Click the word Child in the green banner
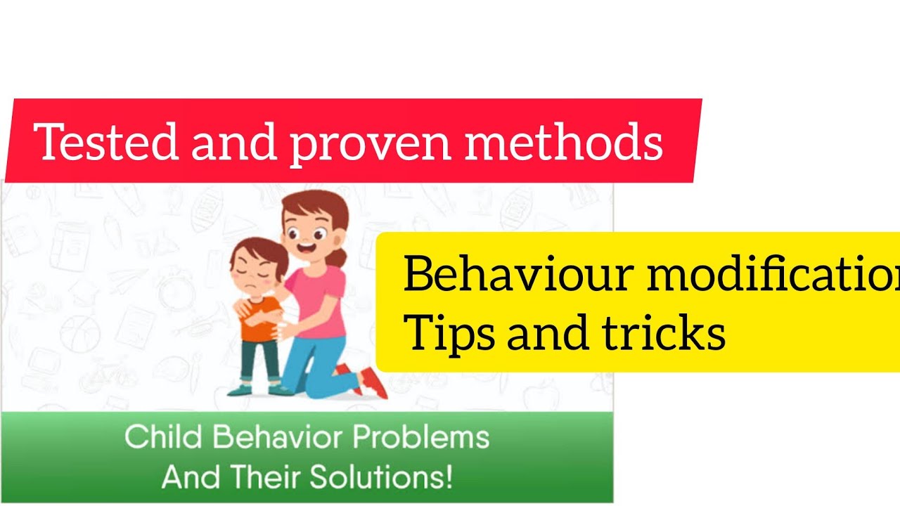[163, 437]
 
